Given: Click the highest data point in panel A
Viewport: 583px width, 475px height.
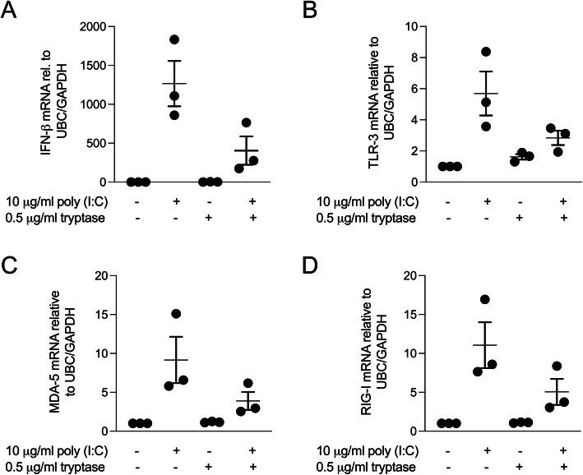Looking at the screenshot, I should click(x=174, y=39).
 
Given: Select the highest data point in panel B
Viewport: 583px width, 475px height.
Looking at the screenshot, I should click(x=487, y=52).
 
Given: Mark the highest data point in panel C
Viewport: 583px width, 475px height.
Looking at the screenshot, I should click(x=174, y=313).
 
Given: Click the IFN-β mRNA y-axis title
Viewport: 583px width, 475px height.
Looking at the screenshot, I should click(x=54, y=104).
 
